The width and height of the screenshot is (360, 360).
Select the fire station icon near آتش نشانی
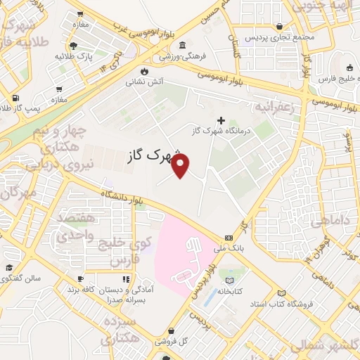click(144, 71)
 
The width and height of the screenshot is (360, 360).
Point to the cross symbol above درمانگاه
click(221, 121)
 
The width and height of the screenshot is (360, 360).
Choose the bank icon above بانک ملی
click(229, 238)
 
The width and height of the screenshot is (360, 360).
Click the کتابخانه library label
click(230, 290)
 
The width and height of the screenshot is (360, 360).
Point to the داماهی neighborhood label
click(330, 221)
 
